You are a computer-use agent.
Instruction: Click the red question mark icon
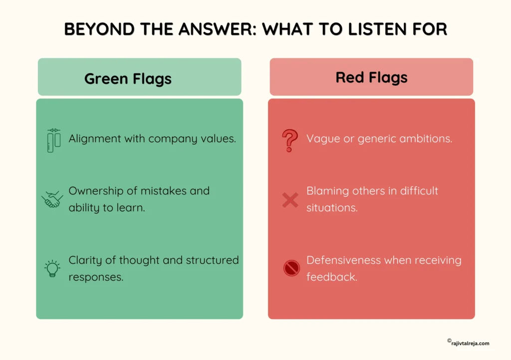[290, 140]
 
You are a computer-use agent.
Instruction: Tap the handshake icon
[52, 199]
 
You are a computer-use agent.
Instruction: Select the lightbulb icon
[52, 269]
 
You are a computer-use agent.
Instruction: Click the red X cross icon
[290, 200]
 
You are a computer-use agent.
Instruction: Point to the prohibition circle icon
[291, 268]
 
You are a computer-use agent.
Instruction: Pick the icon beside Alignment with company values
[54, 140]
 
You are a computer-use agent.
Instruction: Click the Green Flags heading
[128, 79]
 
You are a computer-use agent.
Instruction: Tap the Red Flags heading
[371, 77]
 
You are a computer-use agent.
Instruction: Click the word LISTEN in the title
[377, 29]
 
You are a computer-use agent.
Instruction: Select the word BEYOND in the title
[99, 29]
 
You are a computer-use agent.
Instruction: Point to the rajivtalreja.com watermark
[468, 343]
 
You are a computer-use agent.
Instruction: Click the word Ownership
[96, 191]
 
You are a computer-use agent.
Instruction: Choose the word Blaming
[327, 191]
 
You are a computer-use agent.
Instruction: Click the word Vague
[323, 139]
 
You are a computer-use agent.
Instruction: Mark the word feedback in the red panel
[332, 277]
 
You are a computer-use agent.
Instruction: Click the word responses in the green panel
[96, 277]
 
